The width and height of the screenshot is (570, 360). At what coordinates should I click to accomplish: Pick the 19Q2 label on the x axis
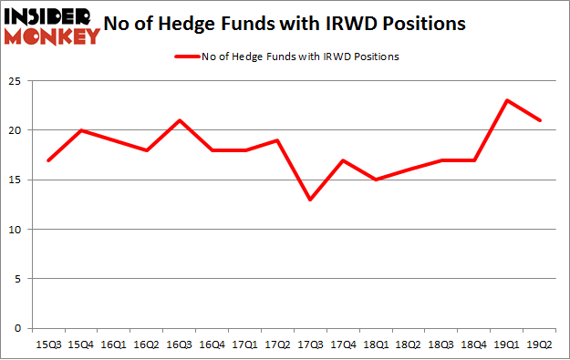pos(541,345)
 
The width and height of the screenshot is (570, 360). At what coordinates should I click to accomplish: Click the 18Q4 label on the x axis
pos(475,345)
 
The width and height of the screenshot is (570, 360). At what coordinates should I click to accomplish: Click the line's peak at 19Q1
pos(508,100)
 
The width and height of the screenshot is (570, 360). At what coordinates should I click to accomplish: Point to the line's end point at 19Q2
pos(541,120)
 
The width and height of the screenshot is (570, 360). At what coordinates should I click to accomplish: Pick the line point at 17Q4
pos(343,160)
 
